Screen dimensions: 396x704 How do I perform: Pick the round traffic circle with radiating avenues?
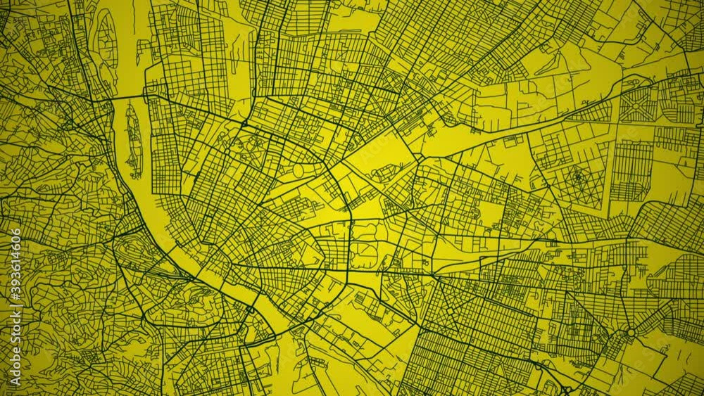coord(630,332)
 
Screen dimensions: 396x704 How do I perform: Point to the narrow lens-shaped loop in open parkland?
coord(298,170)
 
